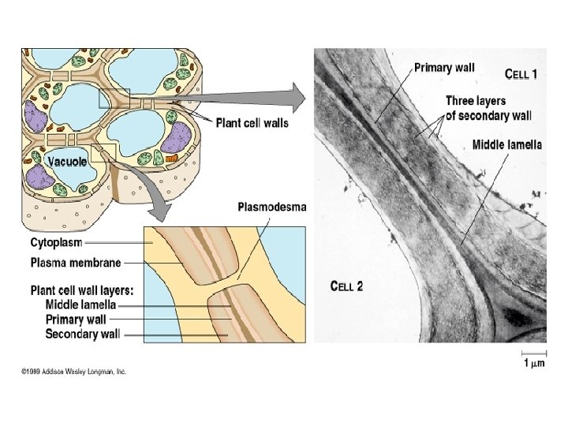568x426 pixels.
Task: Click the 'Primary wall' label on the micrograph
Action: click(x=444, y=68)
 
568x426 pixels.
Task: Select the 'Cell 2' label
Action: click(x=346, y=286)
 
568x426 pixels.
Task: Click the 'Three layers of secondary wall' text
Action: click(x=476, y=107)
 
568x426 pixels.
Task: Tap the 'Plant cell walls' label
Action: click(x=252, y=122)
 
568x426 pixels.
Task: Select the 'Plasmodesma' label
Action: click(x=272, y=207)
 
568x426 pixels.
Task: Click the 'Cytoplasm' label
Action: click(x=57, y=242)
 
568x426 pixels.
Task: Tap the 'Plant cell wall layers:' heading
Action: click(x=82, y=290)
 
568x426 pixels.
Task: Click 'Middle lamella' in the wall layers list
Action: click(x=80, y=305)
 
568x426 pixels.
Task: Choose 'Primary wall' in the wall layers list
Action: click(x=77, y=319)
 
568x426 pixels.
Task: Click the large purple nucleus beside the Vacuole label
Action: click(x=32, y=118)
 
